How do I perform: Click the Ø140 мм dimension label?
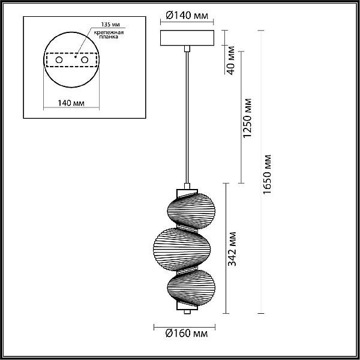pyautogui.click(x=187, y=16)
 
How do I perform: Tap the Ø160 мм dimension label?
pyautogui.click(x=187, y=334)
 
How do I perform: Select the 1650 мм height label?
pyautogui.click(x=267, y=175)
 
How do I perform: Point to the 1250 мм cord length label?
pyautogui.click(x=247, y=118)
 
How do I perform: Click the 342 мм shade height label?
pyautogui.click(x=232, y=249)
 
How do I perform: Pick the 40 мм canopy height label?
pyautogui.click(x=231, y=61)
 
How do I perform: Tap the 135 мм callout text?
pyautogui.click(x=110, y=25)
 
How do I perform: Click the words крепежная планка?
pyautogui.click(x=109, y=34)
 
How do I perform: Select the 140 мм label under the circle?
pyautogui.click(x=71, y=103)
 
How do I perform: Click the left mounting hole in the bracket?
pyautogui.click(x=59, y=60)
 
